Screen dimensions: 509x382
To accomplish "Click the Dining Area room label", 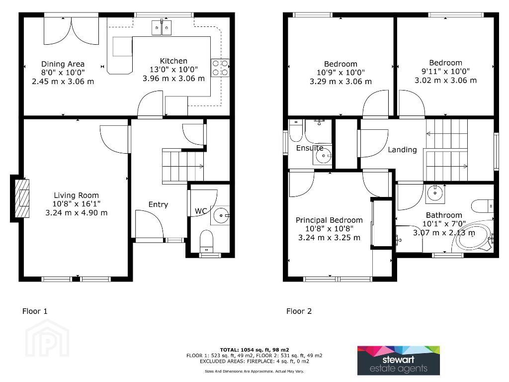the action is (x=63, y=64).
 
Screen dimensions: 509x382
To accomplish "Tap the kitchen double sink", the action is (x=162, y=27).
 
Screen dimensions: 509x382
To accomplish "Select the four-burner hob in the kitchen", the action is (x=220, y=68).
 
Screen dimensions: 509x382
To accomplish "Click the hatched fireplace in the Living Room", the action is (x=22, y=198).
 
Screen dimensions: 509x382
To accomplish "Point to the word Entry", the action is (x=158, y=204).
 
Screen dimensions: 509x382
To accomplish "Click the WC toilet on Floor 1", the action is (x=206, y=241).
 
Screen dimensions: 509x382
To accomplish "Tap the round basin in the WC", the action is (x=221, y=215).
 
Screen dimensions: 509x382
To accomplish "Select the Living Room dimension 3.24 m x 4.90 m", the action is (x=76, y=213).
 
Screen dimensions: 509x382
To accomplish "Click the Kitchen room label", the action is (x=173, y=61).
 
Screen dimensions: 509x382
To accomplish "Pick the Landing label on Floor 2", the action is (x=402, y=149).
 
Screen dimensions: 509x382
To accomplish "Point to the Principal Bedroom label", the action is (x=329, y=220).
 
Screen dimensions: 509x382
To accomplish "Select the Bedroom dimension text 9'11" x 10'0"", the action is (x=446, y=71).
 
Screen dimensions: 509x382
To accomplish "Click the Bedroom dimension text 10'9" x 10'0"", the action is (x=340, y=73).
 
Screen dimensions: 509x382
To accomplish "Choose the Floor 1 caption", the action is (x=35, y=311).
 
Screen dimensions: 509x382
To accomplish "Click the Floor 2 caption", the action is (x=299, y=311).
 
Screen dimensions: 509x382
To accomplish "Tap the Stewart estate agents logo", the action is (x=398, y=361).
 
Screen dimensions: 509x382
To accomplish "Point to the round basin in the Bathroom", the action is (x=434, y=193).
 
